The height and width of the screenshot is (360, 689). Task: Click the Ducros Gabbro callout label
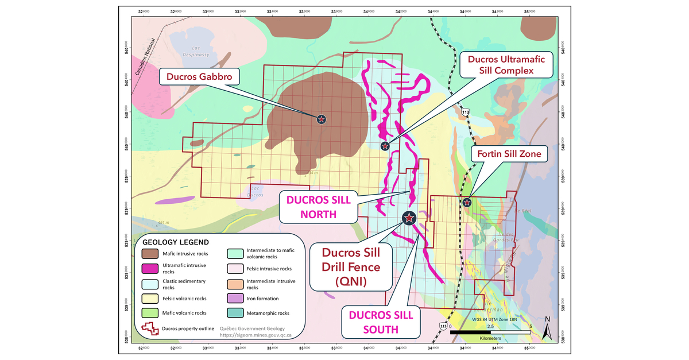pyautogui.click(x=195, y=76)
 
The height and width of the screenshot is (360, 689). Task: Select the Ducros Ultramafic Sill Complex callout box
pyautogui.click(x=506, y=64)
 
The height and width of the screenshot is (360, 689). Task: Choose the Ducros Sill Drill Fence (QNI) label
pyautogui.click(x=350, y=267)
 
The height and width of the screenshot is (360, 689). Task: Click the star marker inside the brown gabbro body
pyautogui.click(x=322, y=119)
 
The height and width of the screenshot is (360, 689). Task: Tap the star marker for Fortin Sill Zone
pyautogui.click(x=467, y=202)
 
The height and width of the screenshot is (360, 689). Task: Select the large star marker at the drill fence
pyautogui.click(x=409, y=218)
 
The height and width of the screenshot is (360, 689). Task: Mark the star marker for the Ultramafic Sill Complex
pyautogui.click(x=385, y=146)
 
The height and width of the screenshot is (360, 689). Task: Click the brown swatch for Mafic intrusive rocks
pyautogui.click(x=150, y=253)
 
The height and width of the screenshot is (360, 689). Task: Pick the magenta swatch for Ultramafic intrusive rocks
pyautogui.click(x=150, y=268)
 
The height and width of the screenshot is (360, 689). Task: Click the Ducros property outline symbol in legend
pyautogui.click(x=150, y=329)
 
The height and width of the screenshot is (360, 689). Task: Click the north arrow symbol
pyautogui.click(x=547, y=328)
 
